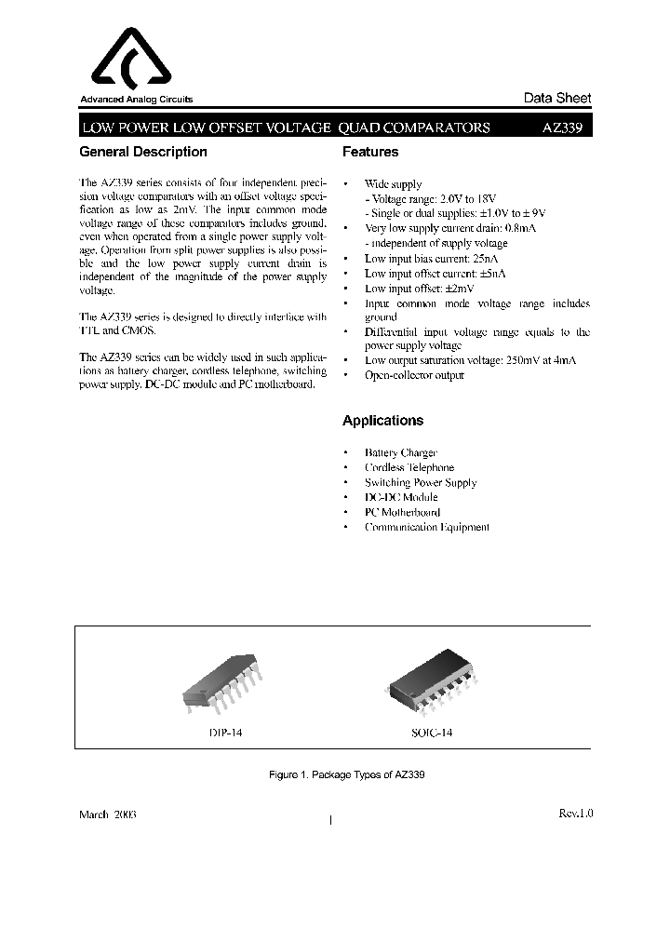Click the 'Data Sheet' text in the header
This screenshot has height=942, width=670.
point(557,99)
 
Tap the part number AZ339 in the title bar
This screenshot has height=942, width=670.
point(562,128)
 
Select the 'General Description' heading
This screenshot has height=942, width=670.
point(143,152)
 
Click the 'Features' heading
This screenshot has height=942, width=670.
point(370,152)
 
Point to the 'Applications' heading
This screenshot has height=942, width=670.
point(382,421)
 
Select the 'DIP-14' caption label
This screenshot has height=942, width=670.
point(224,733)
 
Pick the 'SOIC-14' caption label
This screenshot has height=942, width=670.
point(432,733)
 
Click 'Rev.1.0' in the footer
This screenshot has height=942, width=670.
point(575,814)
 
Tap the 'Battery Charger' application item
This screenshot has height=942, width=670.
point(400,452)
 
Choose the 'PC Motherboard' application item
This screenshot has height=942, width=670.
point(402,512)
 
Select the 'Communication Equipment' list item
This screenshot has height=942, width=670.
point(426,527)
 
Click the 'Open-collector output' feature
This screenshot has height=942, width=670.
point(414,375)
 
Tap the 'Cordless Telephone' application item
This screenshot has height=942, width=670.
point(409,467)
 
